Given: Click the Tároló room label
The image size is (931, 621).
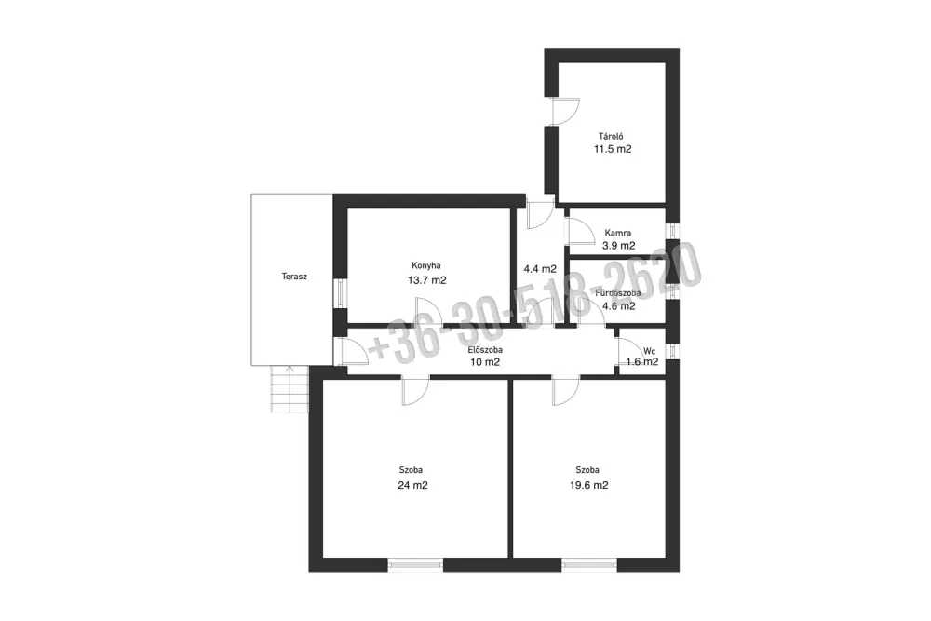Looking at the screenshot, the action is tap(611, 137).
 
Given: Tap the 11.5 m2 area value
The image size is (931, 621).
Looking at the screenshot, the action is tap(613, 149).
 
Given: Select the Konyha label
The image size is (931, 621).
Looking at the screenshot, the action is tap(426, 266).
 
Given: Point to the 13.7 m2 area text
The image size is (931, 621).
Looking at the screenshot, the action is tap(427, 280).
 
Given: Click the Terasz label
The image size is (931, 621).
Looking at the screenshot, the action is tap(294, 277).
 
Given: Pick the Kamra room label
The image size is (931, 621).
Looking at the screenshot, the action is tap(618, 234).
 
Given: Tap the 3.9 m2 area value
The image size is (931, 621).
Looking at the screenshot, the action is tap(619, 245).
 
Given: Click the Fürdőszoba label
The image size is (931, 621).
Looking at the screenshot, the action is tap(618, 293).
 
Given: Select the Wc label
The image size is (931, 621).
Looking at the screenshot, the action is tap(650, 351).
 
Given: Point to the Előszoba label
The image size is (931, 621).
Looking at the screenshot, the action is tap(485, 350).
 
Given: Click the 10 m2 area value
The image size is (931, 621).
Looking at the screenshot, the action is tap(485, 362).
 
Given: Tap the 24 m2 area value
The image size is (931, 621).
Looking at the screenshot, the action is tap(412, 485).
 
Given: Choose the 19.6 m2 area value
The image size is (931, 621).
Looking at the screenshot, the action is tap(589, 485).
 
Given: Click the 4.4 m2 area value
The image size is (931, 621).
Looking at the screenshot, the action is tap(540, 269).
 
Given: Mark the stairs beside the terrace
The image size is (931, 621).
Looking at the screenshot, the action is tap(290, 389).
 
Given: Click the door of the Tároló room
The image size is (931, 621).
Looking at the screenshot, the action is tap(565, 111).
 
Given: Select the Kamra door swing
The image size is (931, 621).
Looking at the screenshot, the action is tap(581, 232).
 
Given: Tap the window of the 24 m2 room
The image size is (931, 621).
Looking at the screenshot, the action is tap(415, 564).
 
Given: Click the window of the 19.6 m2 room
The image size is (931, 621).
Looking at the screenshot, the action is tap(589, 564).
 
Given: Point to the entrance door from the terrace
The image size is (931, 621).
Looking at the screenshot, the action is tap(352, 352).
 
